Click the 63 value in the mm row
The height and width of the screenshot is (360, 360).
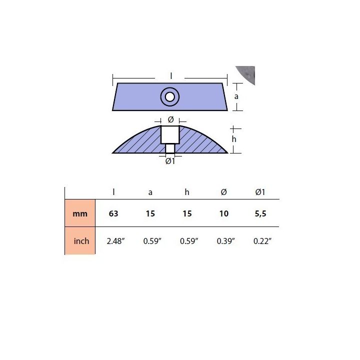point(113,213)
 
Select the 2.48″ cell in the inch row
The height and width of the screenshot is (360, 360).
point(115,241)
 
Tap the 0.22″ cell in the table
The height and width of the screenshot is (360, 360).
point(262,241)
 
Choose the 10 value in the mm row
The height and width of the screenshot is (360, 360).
point(223,213)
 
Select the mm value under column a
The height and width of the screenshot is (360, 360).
point(150,213)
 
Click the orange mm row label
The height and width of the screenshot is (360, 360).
point(80,213)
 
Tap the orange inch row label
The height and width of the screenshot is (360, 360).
point(81,241)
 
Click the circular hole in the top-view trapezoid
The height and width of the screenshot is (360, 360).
point(170,97)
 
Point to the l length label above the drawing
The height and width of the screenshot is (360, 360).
point(171,76)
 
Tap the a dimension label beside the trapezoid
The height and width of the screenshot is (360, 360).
point(236,96)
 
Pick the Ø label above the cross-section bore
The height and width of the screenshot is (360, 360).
point(170,119)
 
